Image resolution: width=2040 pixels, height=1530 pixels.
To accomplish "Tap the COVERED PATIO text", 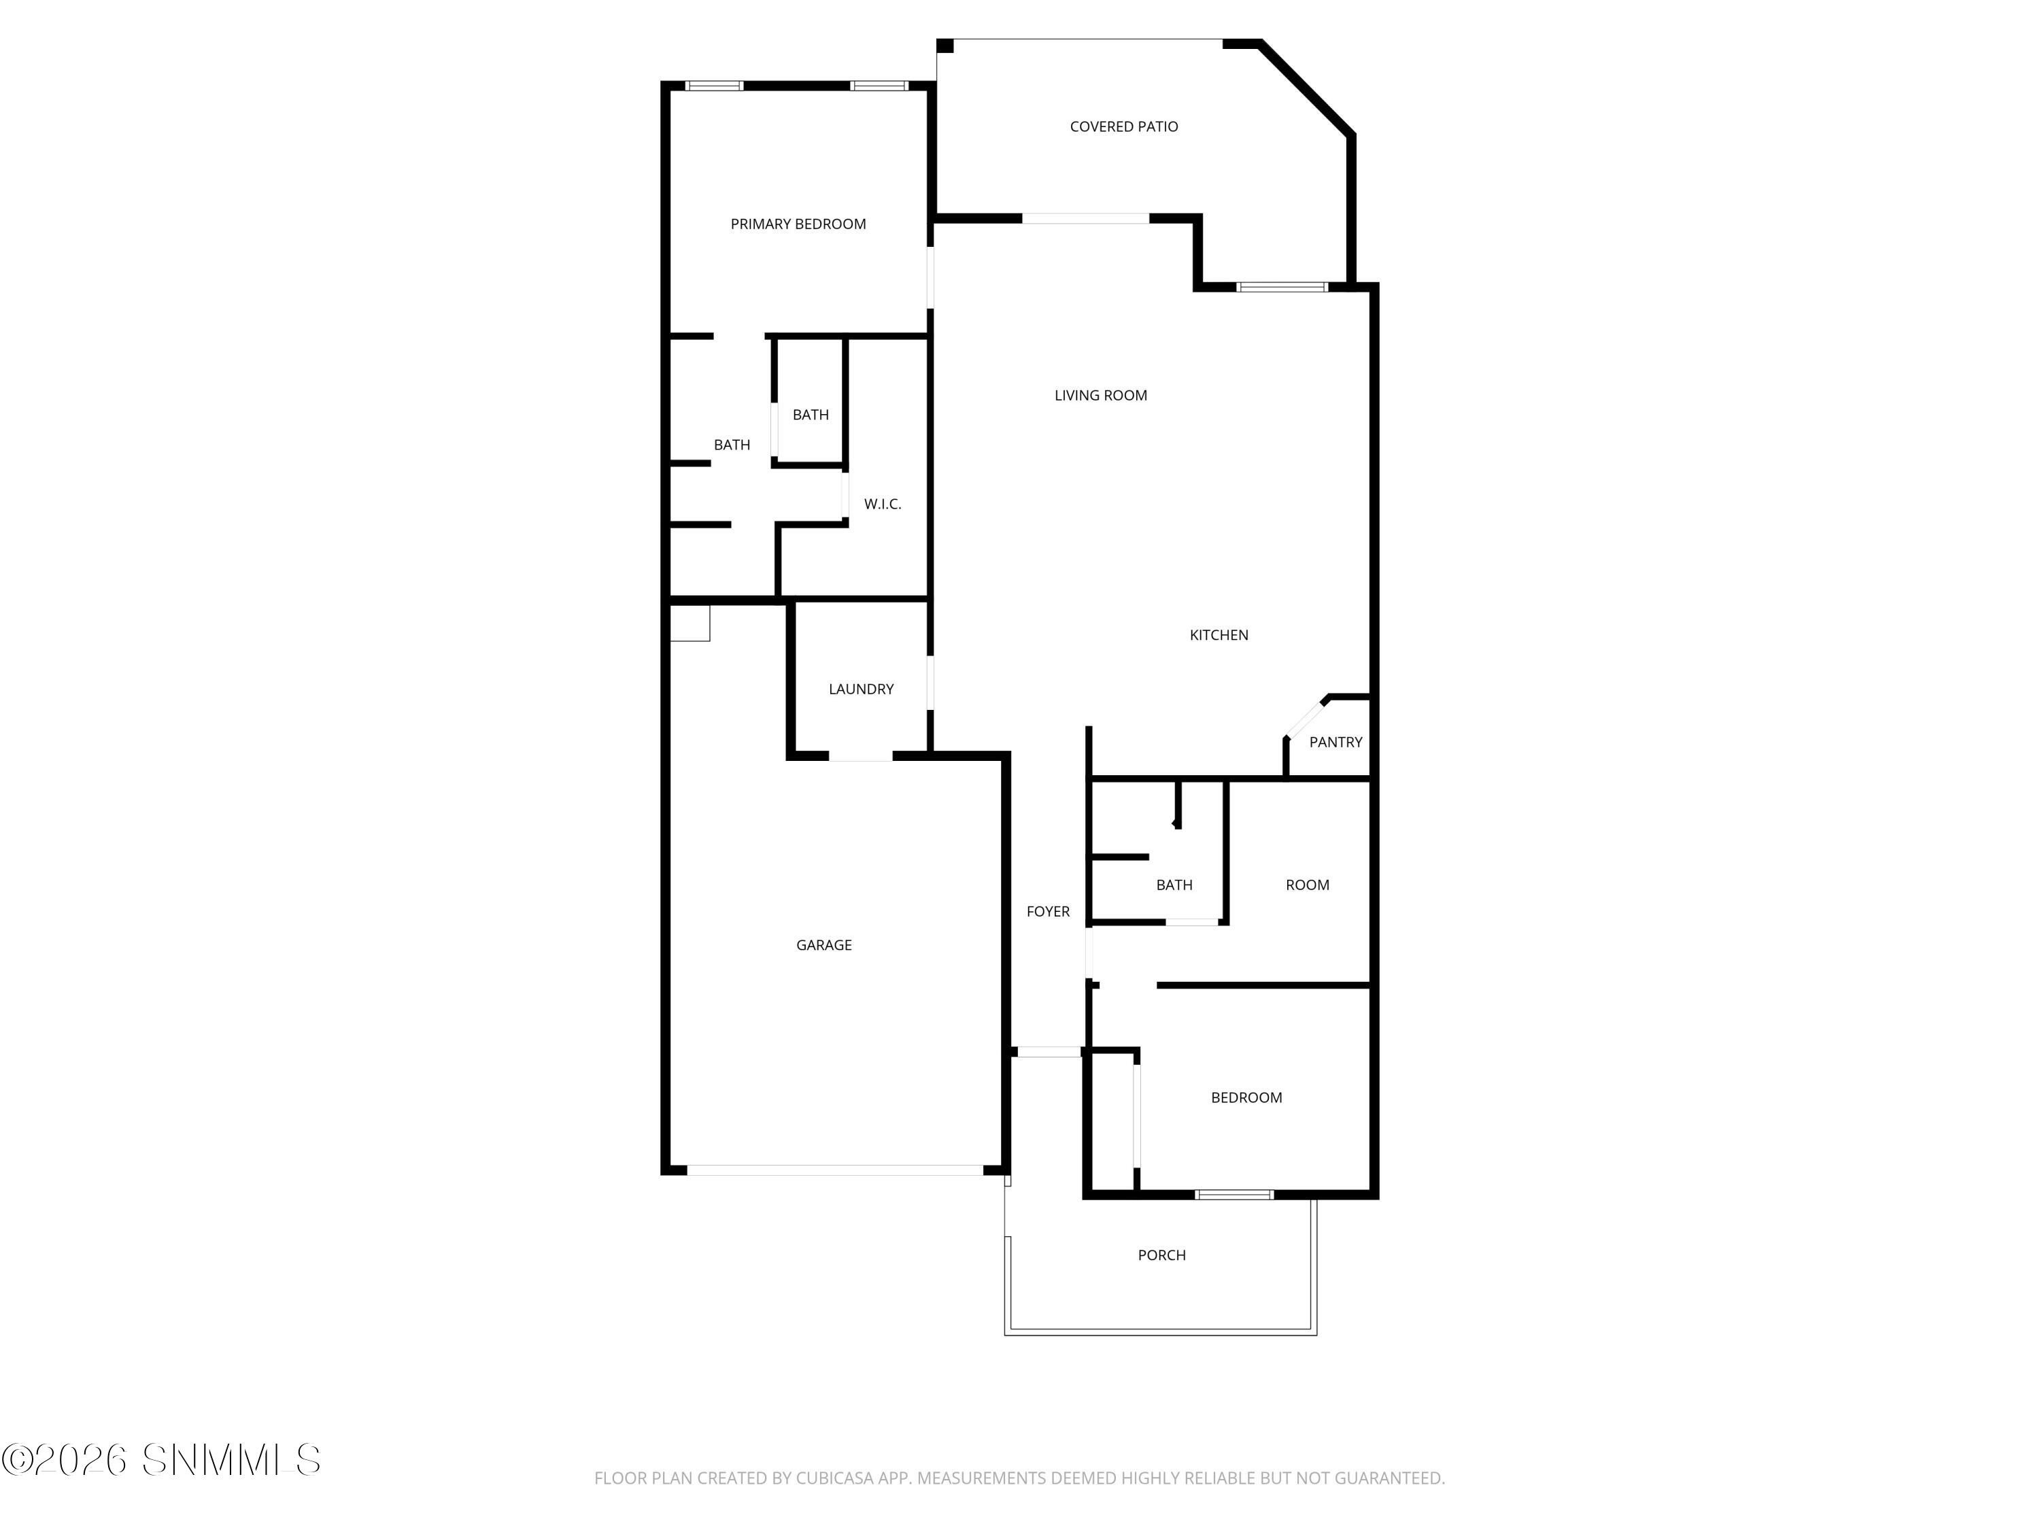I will pyautogui.click(x=1123, y=126).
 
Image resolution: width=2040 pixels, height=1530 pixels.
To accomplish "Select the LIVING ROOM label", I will pyautogui.click(x=1100, y=396).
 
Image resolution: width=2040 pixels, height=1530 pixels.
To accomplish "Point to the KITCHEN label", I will pyautogui.click(x=1219, y=635).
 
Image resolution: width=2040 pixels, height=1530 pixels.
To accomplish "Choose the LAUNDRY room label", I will pyautogui.click(x=860, y=689).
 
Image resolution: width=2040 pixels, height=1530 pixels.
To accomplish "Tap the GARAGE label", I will pyautogui.click(x=823, y=945).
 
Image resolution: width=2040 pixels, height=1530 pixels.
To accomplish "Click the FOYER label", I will pyautogui.click(x=1048, y=911).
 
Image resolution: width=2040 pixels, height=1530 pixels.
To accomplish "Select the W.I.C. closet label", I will pyautogui.click(x=882, y=505).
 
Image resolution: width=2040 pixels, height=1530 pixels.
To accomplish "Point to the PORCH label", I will pyautogui.click(x=1161, y=1255).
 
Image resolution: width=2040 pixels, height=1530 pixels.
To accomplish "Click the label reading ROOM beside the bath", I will pyautogui.click(x=1307, y=885).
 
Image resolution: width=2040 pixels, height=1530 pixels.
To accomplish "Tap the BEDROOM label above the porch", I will pyautogui.click(x=1246, y=1098).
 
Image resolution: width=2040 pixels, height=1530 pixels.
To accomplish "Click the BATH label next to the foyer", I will pyautogui.click(x=1174, y=885).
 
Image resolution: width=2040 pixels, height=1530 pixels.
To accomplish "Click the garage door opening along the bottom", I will pyautogui.click(x=834, y=1170).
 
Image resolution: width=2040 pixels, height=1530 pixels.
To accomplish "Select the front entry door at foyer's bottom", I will pyautogui.click(x=1049, y=1052).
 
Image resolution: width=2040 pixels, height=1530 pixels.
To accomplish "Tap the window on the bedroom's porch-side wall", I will pyautogui.click(x=1234, y=1195).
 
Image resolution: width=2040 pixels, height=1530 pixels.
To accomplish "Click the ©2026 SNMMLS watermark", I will pyautogui.click(x=161, y=1460).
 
